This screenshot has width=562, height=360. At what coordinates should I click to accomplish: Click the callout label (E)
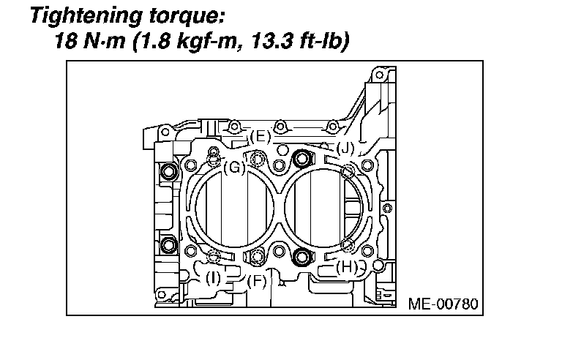[x=260, y=137]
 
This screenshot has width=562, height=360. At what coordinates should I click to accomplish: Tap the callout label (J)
[x=345, y=148]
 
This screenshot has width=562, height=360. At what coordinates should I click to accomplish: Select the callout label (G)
[x=234, y=168]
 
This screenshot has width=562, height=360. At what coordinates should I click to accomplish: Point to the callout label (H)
[x=347, y=267]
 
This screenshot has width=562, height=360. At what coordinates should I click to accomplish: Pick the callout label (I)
[x=213, y=278]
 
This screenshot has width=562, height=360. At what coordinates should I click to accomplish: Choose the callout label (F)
[x=257, y=281]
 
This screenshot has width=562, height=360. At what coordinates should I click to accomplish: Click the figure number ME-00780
[x=443, y=304]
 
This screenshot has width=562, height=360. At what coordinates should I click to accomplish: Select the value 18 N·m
[x=89, y=41]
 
